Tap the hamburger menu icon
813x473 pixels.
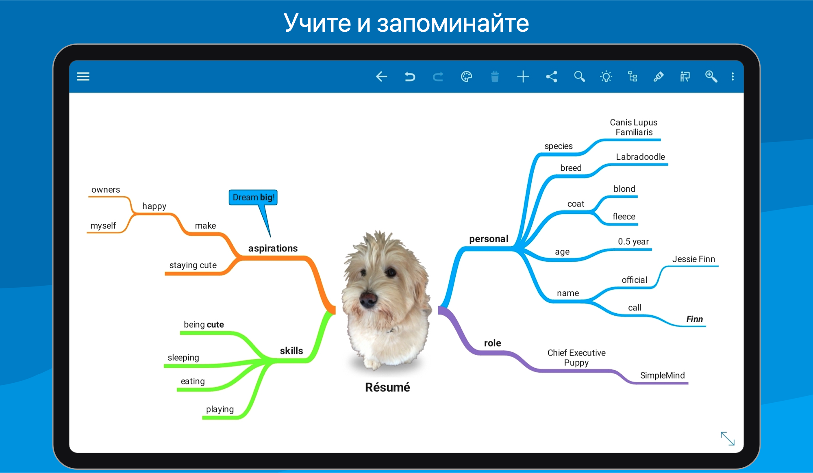click(x=83, y=76)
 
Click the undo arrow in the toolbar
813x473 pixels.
click(x=410, y=76)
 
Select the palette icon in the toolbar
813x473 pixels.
click(x=466, y=76)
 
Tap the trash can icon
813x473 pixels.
click(x=495, y=76)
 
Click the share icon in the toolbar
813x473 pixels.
click(x=552, y=76)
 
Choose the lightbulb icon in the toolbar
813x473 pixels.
click(x=606, y=76)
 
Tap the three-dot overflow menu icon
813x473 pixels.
click(x=733, y=76)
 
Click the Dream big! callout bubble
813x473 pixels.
click(x=253, y=197)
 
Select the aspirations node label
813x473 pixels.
click(x=273, y=248)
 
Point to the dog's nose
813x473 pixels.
click(x=368, y=299)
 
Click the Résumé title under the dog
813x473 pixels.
click(x=387, y=387)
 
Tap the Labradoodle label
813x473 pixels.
click(x=640, y=157)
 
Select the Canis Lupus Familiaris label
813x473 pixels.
click(x=634, y=127)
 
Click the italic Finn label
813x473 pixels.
click(x=694, y=319)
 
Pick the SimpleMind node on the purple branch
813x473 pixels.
click(x=662, y=375)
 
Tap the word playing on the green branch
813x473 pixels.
click(x=220, y=409)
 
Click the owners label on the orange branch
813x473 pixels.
click(x=106, y=190)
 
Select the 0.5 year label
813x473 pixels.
click(x=633, y=241)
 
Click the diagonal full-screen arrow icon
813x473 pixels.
click(x=727, y=438)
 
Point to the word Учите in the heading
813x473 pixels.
click(x=317, y=23)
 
